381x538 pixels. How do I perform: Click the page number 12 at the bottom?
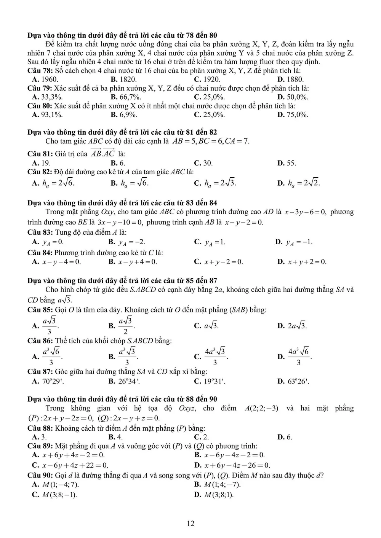pyautogui.click(x=190, y=524)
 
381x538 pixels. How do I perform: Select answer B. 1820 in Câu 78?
pyautogui.click(x=123, y=80)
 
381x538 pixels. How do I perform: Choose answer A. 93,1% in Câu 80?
pyautogui.click(x=48, y=115)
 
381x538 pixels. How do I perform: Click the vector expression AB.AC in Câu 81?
pyautogui.click(x=102, y=153)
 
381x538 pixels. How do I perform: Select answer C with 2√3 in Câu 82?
pyautogui.click(x=215, y=183)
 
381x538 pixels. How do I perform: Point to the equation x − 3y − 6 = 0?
pyautogui.click(x=305, y=212)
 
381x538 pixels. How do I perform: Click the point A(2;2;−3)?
pyautogui.click(x=261, y=408)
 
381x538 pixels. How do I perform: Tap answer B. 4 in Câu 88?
pyautogui.click(x=115, y=437)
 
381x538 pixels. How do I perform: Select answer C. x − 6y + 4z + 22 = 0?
pyautogui.click(x=70, y=465)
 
